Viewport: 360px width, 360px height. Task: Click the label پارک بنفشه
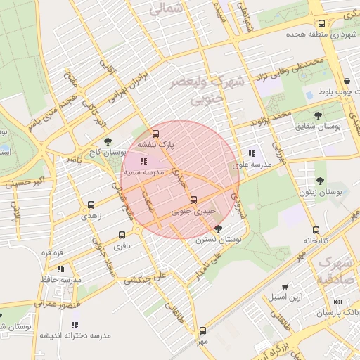(155, 144)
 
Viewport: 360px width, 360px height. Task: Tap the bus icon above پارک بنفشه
(155, 134)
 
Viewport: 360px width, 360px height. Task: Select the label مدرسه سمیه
(143, 172)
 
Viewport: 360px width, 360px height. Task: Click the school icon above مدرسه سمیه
(143, 162)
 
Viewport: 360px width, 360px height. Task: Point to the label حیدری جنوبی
(193, 210)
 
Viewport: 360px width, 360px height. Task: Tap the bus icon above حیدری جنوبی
(193, 200)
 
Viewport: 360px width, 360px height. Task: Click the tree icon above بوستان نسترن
(218, 229)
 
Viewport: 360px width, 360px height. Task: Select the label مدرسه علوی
(252, 164)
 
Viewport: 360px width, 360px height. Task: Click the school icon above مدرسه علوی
(252, 153)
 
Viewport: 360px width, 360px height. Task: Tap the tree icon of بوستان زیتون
(320, 181)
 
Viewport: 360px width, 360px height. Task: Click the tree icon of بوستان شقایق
(319, 114)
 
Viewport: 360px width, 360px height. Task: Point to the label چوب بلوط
(334, 92)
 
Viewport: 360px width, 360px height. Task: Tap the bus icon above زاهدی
(91, 205)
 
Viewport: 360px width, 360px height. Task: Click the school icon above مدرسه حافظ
(60, 269)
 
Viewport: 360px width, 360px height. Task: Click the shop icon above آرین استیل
(285, 287)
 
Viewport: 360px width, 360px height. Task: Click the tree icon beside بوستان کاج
(107, 141)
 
